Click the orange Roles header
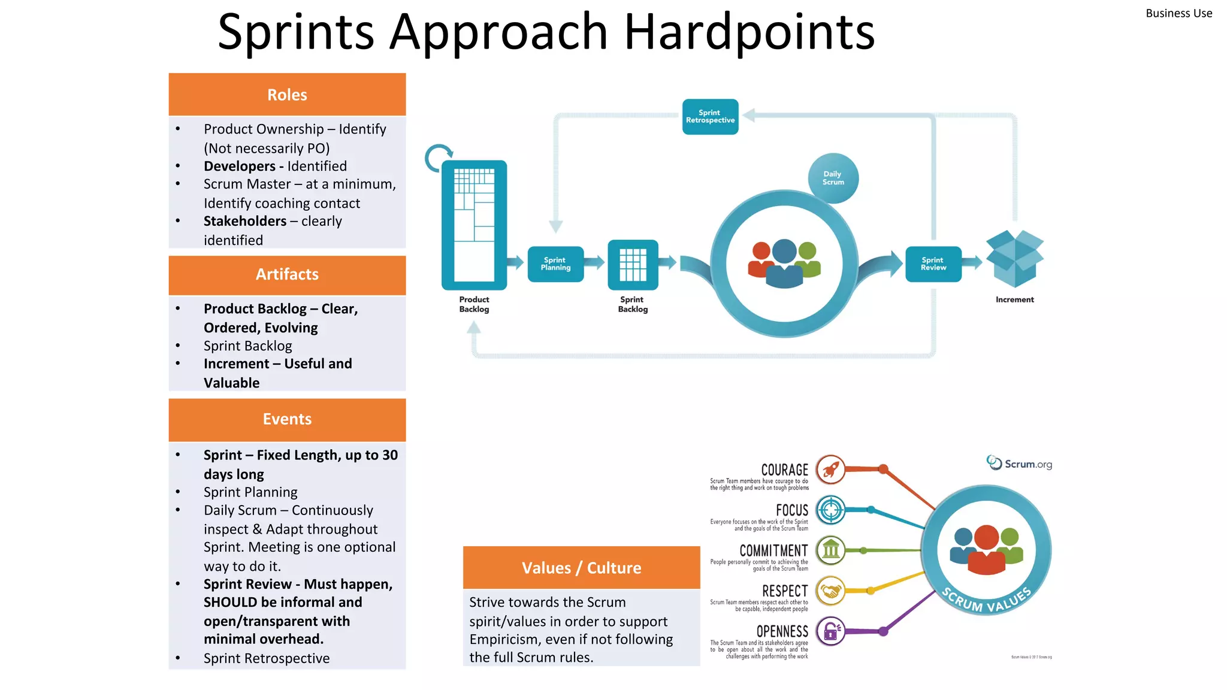[287, 95]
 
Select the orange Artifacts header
[287, 274]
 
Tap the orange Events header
[287, 419]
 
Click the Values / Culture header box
[581, 567]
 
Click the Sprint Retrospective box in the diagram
[710, 117]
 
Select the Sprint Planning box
[555, 264]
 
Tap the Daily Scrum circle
[833, 178]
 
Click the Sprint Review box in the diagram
[933, 264]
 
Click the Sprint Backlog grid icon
[633, 264]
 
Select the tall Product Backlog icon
[474, 225]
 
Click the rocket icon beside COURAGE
[830, 470]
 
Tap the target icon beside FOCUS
[830, 510]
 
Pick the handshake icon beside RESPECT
[830, 591]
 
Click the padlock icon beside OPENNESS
[830, 631]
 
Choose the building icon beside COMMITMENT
[830, 550]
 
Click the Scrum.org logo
[1019, 464]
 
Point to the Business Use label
[1178, 13]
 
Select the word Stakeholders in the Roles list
[245, 221]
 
